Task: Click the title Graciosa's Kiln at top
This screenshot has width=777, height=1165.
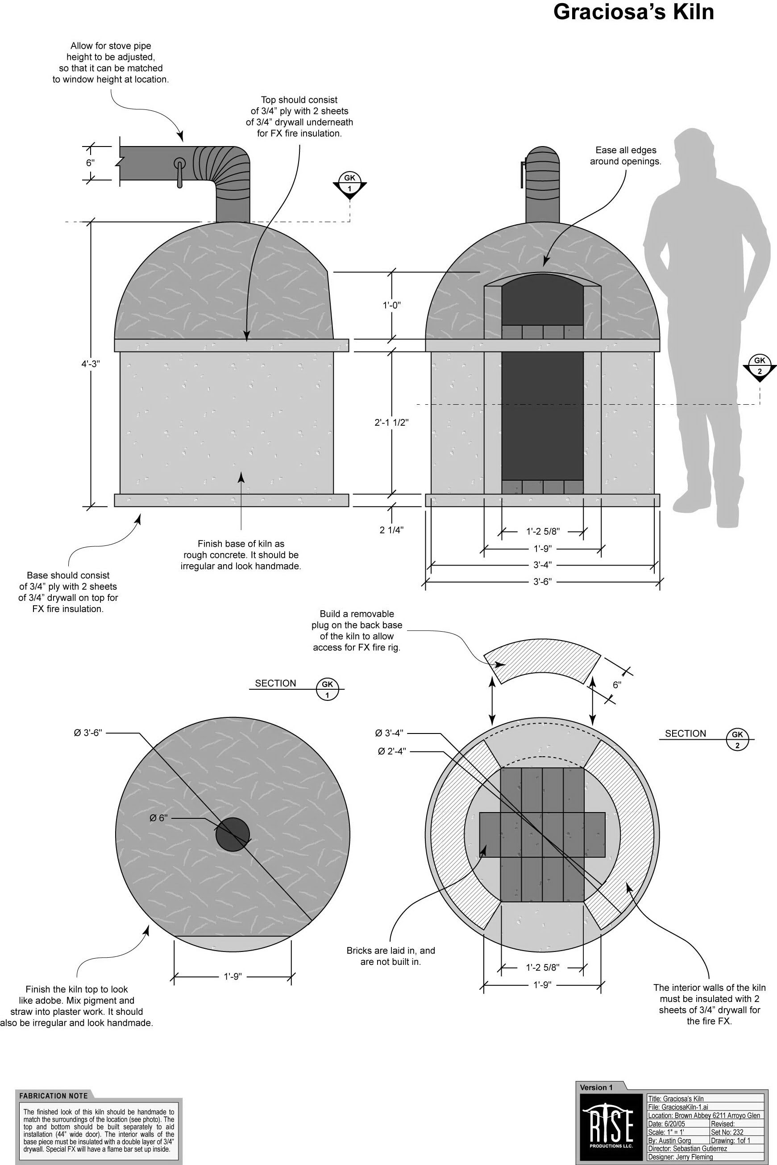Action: [x=633, y=12]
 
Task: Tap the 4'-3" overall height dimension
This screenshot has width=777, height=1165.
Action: [x=91, y=363]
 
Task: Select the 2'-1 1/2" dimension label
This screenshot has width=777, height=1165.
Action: [x=391, y=423]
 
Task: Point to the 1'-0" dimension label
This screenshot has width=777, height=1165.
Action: [x=391, y=305]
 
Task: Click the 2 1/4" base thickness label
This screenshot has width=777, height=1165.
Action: [x=391, y=530]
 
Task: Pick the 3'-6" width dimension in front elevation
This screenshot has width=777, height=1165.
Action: [x=542, y=581]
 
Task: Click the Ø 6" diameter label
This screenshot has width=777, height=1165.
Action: [x=158, y=818]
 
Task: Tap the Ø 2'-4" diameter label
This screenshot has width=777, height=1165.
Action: [x=392, y=751]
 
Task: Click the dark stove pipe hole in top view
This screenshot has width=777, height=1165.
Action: [x=233, y=835]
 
